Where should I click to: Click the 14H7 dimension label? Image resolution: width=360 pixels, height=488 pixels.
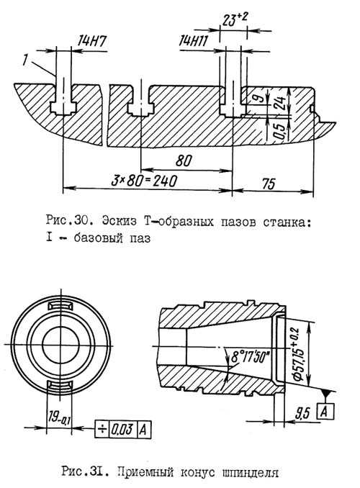(x=92, y=41)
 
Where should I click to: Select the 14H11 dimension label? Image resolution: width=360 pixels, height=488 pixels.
(x=193, y=41)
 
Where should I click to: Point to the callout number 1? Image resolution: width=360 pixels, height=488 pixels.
(x=25, y=60)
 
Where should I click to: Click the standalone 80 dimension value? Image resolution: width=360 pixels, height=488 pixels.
(x=184, y=161)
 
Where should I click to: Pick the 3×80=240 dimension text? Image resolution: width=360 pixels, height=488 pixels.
(x=144, y=181)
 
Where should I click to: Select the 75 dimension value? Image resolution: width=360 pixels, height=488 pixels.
(x=268, y=184)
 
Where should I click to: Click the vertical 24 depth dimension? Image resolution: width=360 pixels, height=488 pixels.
(x=280, y=104)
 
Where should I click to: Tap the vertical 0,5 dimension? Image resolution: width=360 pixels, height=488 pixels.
(x=279, y=130)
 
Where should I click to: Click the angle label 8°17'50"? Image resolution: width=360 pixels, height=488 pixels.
(x=250, y=357)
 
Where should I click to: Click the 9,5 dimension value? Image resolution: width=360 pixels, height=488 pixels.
(x=302, y=413)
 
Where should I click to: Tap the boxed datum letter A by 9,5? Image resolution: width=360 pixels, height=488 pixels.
(x=325, y=412)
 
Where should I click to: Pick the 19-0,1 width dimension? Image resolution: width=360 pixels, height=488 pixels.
(x=59, y=416)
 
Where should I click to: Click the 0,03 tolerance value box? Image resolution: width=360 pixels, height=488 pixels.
(x=122, y=429)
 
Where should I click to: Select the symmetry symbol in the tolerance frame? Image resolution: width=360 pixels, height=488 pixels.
(x=102, y=429)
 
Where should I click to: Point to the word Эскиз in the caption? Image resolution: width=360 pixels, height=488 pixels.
(x=120, y=222)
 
